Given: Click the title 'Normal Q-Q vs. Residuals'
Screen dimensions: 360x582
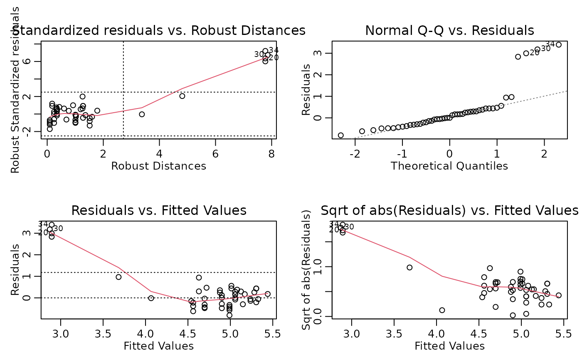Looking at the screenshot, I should [x=449, y=31].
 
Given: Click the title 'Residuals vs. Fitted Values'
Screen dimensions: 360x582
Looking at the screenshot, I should [x=159, y=210].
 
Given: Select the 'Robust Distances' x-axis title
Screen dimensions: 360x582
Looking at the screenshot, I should [x=159, y=166].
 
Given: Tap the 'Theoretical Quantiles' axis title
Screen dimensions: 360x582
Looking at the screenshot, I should [x=449, y=166].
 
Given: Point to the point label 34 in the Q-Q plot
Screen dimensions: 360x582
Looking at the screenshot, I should [x=550, y=44].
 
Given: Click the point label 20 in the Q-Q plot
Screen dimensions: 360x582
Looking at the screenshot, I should [x=534, y=52].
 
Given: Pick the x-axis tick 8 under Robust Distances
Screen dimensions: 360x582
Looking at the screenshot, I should [x=271, y=153].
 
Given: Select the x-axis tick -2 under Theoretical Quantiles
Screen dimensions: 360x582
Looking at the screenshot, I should [x=355, y=153].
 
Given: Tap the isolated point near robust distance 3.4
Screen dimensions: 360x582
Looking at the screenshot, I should [x=142, y=114].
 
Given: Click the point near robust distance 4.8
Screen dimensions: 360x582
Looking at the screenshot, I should [x=182, y=96].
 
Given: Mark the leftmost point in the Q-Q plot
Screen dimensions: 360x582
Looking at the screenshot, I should [x=340, y=135].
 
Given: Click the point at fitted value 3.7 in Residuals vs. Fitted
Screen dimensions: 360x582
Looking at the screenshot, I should [x=118, y=277].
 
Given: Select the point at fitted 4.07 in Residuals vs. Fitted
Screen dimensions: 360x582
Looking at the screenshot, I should [x=151, y=298].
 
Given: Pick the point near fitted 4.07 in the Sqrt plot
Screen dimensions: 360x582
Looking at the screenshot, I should [x=442, y=310].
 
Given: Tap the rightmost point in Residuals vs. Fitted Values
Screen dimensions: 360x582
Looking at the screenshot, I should [x=267, y=294].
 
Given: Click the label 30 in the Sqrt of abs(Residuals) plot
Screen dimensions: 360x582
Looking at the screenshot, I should [x=349, y=227].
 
